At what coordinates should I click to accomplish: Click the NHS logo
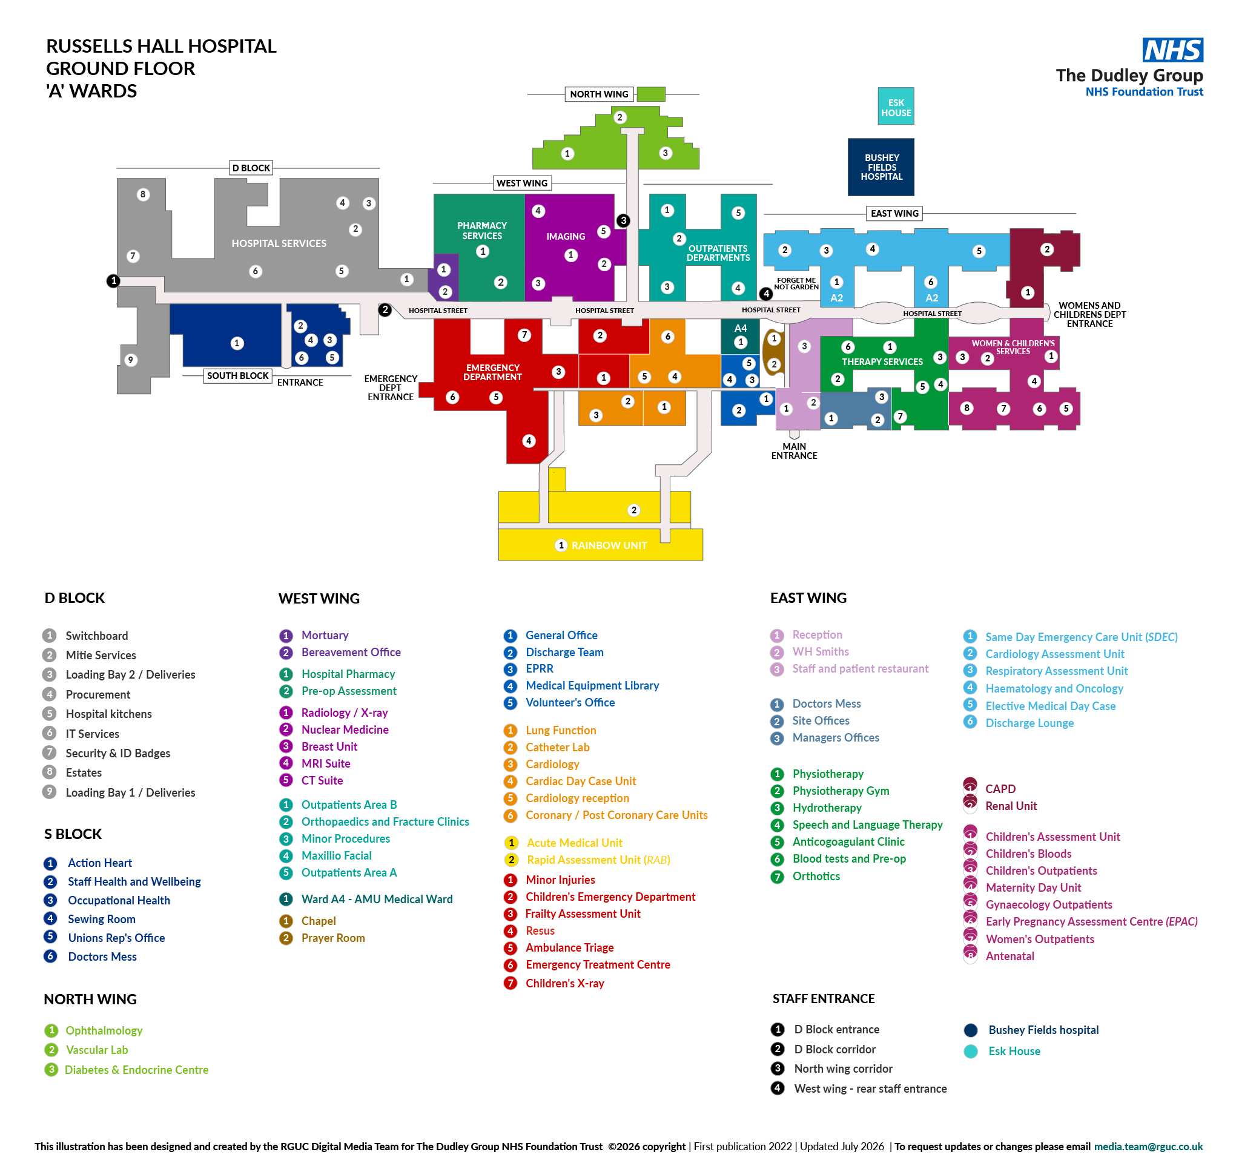(x=1172, y=50)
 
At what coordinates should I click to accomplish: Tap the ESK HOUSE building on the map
(x=896, y=106)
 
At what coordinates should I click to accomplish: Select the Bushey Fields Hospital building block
(x=881, y=167)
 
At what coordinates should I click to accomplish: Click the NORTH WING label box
(x=599, y=94)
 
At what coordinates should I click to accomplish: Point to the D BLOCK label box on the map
(x=251, y=168)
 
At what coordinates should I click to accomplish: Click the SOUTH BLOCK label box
(x=237, y=376)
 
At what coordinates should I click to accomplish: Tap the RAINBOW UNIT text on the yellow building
(x=609, y=545)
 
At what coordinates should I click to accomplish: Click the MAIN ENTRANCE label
(x=794, y=451)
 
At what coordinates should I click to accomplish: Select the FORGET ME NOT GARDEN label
(x=796, y=284)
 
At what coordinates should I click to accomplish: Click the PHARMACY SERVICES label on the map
(x=481, y=231)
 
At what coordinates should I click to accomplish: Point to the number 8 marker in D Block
(x=143, y=194)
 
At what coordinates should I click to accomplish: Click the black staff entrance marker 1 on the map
(x=113, y=281)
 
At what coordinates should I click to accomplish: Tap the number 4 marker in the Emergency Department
(x=529, y=441)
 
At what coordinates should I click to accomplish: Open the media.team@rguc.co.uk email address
(x=1148, y=1147)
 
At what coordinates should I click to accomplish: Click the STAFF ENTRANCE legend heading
(x=823, y=999)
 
